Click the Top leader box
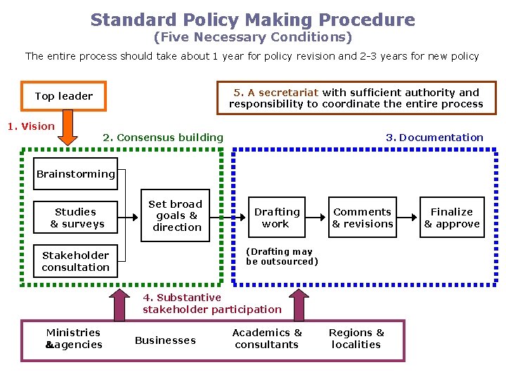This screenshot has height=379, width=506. (x=64, y=96)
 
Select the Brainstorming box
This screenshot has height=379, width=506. (x=76, y=174)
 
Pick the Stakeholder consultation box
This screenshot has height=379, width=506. (x=76, y=261)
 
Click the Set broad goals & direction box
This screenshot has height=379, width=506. (x=176, y=215)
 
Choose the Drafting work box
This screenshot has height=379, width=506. (x=276, y=218)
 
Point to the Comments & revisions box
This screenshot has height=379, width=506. (x=363, y=218)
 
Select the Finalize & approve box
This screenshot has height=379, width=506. (x=452, y=218)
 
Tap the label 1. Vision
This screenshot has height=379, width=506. (x=30, y=126)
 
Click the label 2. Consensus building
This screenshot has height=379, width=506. (x=163, y=138)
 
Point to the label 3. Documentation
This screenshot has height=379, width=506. (x=434, y=138)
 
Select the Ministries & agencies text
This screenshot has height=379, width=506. (x=73, y=338)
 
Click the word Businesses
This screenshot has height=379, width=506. (x=165, y=340)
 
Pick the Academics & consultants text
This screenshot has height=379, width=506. (x=267, y=338)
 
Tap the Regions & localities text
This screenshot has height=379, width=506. (x=357, y=338)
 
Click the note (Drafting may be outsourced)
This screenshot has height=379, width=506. (x=282, y=256)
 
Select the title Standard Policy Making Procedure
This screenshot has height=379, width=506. (x=253, y=20)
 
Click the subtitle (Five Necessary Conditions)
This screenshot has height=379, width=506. (x=253, y=37)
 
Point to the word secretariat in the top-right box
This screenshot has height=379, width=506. (x=290, y=92)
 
